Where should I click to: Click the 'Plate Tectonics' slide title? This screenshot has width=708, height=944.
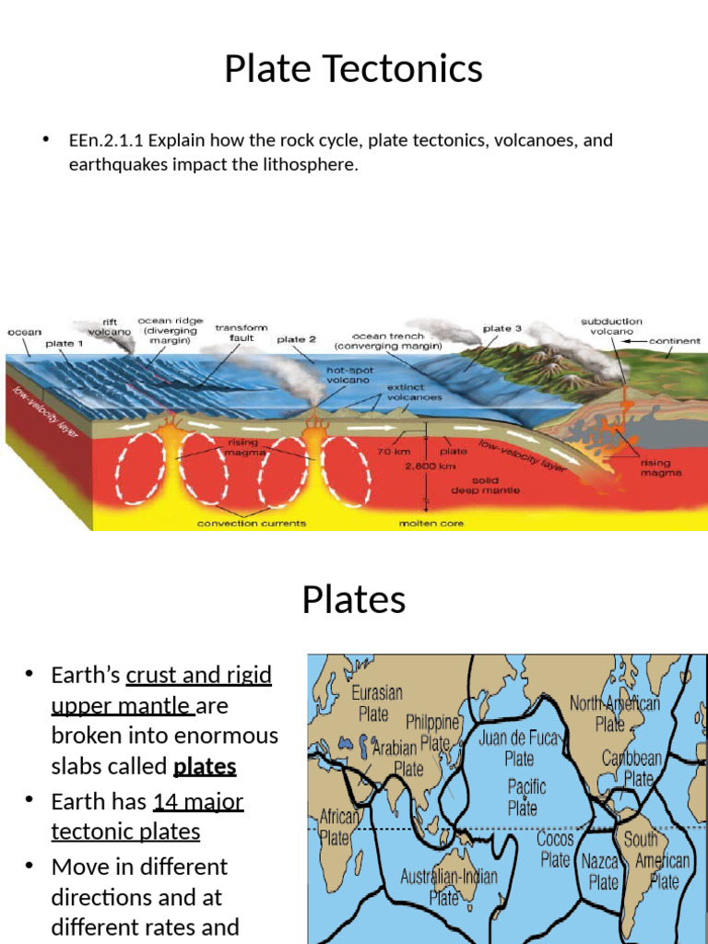tap(353, 69)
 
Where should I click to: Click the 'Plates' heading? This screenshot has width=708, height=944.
tap(353, 600)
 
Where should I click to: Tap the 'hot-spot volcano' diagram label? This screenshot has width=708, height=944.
tap(348, 374)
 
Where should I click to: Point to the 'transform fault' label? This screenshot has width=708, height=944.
tap(242, 333)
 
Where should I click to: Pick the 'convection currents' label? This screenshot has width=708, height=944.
tap(252, 524)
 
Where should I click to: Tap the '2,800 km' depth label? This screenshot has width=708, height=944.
tap(426, 466)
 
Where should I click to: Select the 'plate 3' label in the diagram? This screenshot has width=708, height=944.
tap(502, 328)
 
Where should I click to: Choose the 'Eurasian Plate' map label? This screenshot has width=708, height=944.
tap(376, 702)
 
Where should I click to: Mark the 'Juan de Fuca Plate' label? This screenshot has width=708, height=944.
tap(519, 748)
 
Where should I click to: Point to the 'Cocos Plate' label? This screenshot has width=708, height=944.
tap(555, 849)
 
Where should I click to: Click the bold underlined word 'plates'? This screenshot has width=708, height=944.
tap(205, 766)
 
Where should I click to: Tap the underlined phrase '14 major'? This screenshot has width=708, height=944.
tap(197, 801)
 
